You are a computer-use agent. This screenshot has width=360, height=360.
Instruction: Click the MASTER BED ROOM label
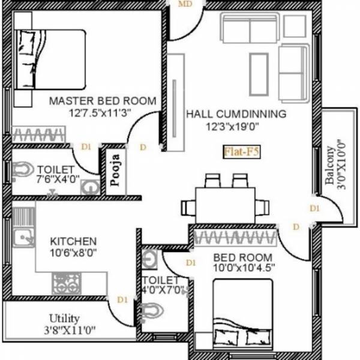(103, 100)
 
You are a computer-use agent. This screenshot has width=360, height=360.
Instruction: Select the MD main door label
(187, 5)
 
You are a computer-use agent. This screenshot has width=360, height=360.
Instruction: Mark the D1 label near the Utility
(122, 299)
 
